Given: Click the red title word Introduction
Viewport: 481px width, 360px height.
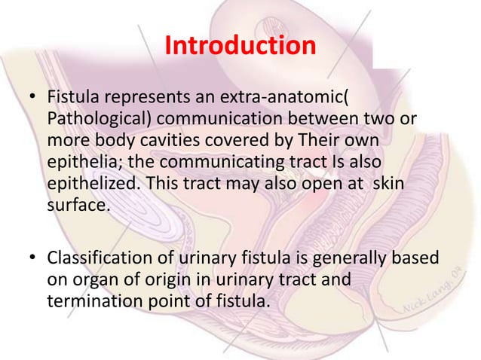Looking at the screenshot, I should click(x=240, y=46).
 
